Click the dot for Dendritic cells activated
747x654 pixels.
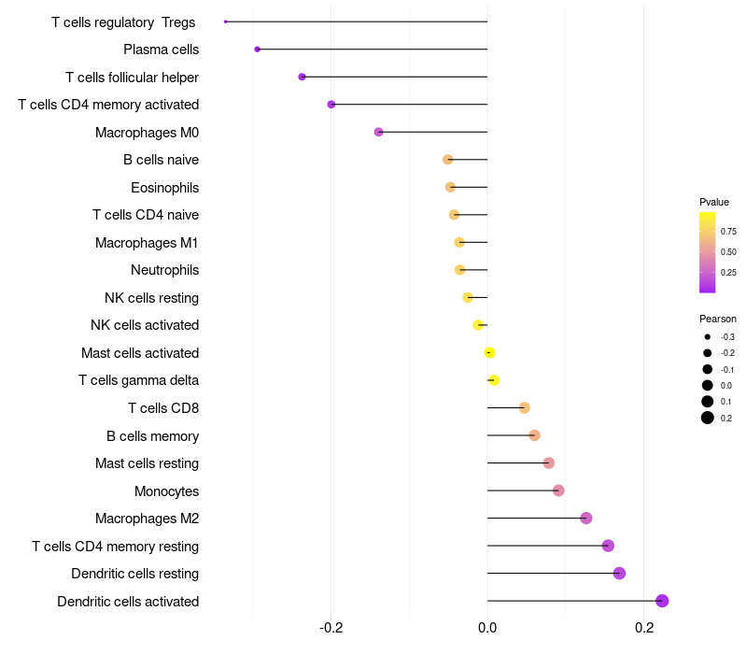point(662,601)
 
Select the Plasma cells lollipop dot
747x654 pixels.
point(257,49)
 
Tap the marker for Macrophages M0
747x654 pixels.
point(378,132)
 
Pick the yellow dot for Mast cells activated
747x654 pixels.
point(489,352)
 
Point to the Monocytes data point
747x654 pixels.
point(558,490)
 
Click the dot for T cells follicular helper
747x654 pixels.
point(302,77)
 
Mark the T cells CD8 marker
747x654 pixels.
point(524,407)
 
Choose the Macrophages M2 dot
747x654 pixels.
point(586,519)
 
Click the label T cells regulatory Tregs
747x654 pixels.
point(123,21)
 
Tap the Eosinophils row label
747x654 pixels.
point(164,188)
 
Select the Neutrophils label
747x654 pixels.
point(164,270)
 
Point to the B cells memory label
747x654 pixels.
point(152,435)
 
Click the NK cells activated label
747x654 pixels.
point(145,325)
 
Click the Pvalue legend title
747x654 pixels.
point(714,202)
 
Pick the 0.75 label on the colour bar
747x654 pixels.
point(728,231)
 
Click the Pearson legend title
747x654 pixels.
point(718,319)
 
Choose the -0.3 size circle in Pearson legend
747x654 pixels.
point(708,336)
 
